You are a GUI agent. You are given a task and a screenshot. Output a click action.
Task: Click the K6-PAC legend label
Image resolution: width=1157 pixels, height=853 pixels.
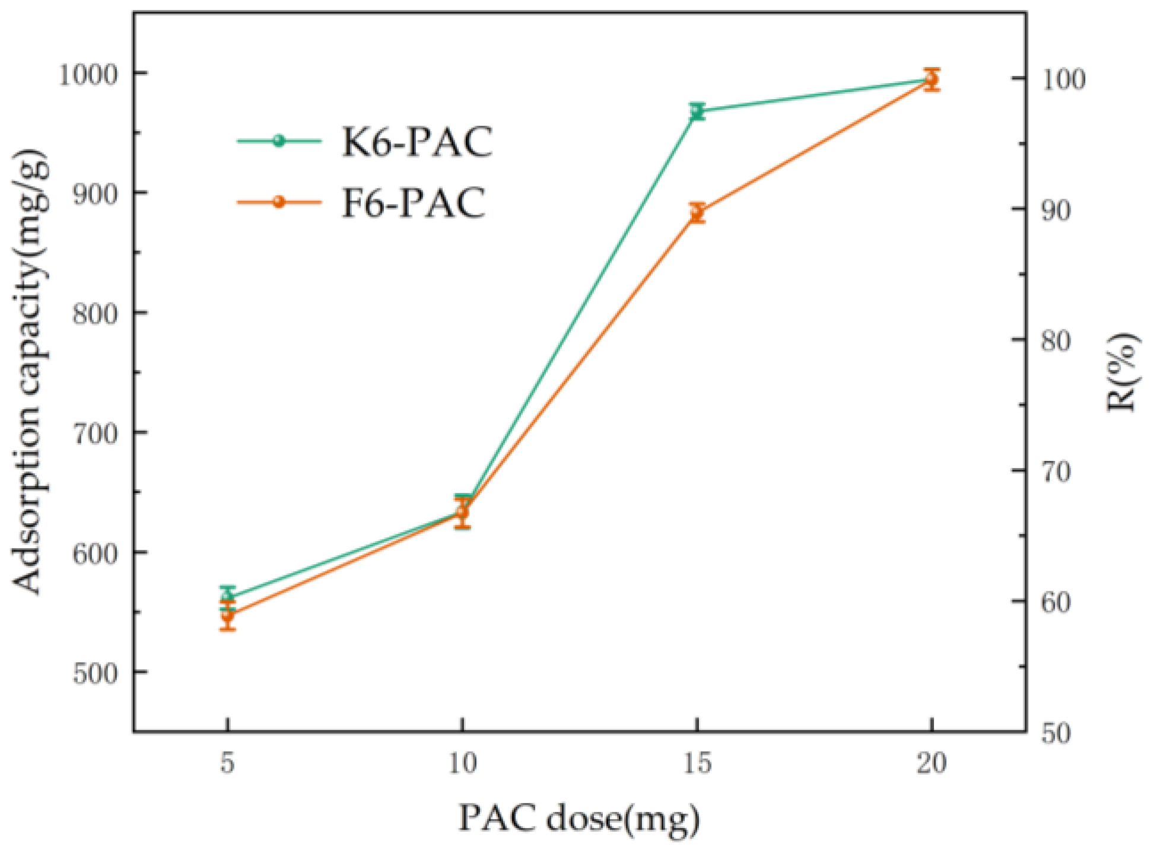click(x=417, y=142)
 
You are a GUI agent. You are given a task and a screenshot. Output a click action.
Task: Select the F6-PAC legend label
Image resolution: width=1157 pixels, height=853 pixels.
click(x=414, y=203)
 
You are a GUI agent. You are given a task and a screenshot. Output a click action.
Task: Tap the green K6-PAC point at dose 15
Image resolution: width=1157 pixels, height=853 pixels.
click(x=697, y=111)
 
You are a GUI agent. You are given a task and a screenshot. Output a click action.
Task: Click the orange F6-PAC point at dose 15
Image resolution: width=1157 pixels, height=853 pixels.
click(x=697, y=212)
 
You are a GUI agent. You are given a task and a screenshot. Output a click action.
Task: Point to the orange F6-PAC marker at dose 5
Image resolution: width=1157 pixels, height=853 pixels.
click(x=228, y=616)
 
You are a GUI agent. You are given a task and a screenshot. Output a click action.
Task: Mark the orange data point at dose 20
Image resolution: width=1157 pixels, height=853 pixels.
click(x=932, y=79)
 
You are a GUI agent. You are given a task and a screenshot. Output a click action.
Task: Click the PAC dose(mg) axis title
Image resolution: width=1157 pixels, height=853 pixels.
click(x=579, y=819)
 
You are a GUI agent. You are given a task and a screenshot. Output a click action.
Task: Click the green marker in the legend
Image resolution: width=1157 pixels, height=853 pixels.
click(x=278, y=141)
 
